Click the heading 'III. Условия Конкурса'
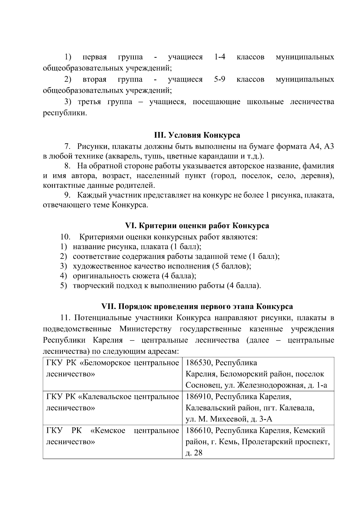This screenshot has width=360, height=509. [x=197, y=135]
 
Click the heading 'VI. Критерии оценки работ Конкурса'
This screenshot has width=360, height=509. [x=197, y=226]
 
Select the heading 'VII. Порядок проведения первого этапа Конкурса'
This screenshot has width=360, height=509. [x=197, y=307]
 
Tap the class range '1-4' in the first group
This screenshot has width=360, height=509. [x=220, y=57]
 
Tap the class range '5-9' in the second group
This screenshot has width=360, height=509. [x=220, y=79]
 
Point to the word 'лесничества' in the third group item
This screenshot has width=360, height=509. [x=312, y=102]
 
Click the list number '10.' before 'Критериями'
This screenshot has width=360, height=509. [x=65, y=237]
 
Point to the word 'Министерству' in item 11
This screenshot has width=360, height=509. [x=145, y=329]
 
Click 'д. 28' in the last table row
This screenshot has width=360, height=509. [x=194, y=453]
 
